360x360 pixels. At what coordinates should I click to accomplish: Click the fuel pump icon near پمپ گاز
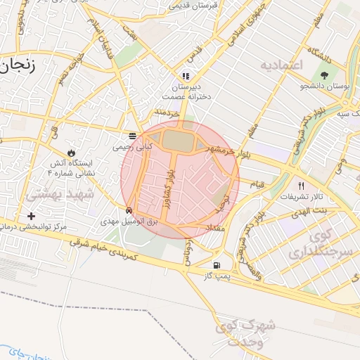(216, 265)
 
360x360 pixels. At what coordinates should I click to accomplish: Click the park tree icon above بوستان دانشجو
(324, 74)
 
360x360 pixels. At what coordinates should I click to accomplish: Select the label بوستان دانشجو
(325, 86)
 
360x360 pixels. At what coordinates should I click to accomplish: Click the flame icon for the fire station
(71, 152)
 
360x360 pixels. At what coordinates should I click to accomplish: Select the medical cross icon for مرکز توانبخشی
(31, 215)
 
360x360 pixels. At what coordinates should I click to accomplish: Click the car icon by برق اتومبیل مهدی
(129, 210)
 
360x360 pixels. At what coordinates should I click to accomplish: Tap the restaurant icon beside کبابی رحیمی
(133, 136)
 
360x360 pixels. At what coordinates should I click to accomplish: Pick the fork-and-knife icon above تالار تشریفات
(302, 185)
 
